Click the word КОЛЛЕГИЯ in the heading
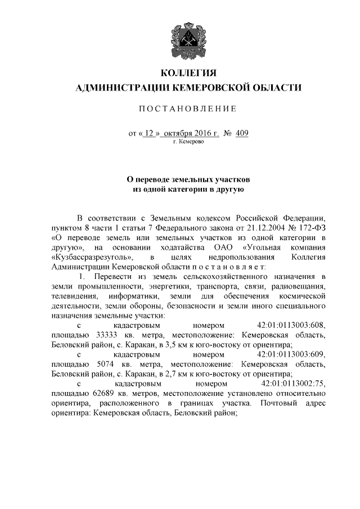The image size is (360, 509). point(188,73)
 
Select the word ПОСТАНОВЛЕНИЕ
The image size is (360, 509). point(188,109)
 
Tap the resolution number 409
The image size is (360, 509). point(242,134)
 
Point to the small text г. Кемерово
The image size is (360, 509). point(188,142)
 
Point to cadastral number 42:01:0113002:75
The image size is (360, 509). point(294,384)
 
